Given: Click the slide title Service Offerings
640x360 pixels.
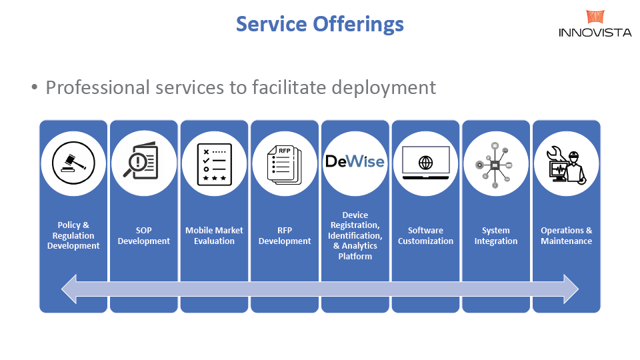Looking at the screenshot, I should point(320,25).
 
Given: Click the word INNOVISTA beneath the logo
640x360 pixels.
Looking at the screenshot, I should point(595,32).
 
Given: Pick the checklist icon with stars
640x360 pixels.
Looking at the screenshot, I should point(214,163).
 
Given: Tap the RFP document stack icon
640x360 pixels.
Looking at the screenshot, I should point(285,163).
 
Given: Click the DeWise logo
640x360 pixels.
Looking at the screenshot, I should point(355,162).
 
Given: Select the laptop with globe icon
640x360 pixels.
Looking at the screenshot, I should point(425,163).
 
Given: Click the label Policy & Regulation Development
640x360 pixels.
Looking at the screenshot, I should point(73,235).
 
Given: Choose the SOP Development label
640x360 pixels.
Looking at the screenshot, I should point(143,235).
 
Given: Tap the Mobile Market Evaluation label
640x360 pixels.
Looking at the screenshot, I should point(214,235).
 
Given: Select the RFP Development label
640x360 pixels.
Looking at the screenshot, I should point(285,235).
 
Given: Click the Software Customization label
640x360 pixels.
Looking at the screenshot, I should point(425,235).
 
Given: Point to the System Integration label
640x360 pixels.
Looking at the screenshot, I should point(495,235).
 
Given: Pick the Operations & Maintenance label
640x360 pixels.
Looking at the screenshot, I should point(566,235).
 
